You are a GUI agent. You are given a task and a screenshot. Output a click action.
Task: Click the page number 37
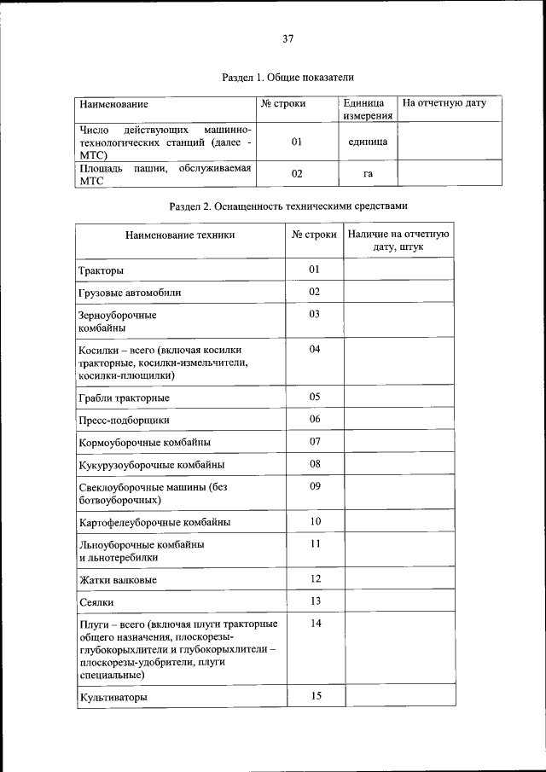tap(288, 38)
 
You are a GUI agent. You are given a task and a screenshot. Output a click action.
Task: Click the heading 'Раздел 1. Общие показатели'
tap(288, 77)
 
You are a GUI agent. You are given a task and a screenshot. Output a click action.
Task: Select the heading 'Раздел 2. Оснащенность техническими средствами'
tap(288, 206)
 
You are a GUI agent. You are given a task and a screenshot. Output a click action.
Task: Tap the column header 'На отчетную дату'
tap(444, 104)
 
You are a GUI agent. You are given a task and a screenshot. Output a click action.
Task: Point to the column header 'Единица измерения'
tap(368, 110)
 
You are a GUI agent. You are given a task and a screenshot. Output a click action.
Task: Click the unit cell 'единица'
tap(368, 142)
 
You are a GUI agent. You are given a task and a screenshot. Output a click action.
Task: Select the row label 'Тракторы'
tap(101, 270)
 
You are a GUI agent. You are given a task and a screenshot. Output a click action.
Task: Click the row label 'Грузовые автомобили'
tap(130, 293)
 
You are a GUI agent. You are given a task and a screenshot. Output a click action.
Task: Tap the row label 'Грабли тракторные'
tap(124, 398)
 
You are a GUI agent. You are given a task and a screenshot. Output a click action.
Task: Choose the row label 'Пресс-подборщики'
tap(124, 420)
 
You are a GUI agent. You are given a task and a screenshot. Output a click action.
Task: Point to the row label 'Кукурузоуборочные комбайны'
tap(151, 465)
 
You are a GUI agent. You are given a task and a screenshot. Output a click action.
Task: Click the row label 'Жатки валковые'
tap(118, 580)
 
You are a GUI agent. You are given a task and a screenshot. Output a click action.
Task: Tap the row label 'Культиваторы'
tap(112, 697)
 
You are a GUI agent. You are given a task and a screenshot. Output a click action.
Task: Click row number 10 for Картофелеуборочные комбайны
tap(314, 521)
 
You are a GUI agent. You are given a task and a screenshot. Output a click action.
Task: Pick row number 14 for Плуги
tap(314, 624)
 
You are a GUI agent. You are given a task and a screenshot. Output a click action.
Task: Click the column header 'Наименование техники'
tap(179, 235)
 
